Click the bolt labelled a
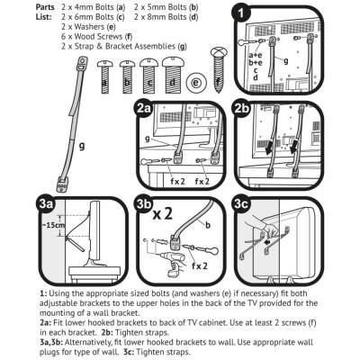[x=104, y=77]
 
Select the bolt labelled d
[x=172, y=76]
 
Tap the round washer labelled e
[x=196, y=82]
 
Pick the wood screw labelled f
[x=220, y=69]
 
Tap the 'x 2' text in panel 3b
[x=162, y=215]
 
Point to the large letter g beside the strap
[x=82, y=147]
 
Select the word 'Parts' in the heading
[x=45, y=7]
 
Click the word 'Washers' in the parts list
[x=90, y=27]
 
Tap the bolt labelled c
[x=149, y=76]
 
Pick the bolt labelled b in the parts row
[x=127, y=77]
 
